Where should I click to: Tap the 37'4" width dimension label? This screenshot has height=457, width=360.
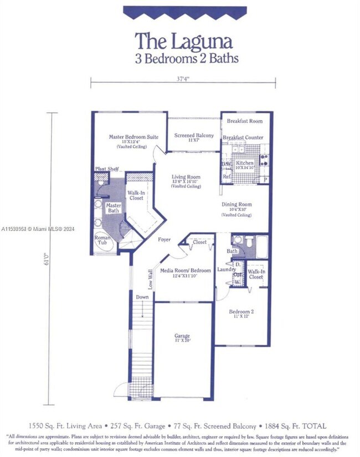[x=183, y=79]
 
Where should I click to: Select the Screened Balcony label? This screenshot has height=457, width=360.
[x=194, y=135]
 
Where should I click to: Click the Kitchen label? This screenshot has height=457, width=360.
[x=245, y=164]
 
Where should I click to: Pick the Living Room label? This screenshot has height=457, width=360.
[x=186, y=177]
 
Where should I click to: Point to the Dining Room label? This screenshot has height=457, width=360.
[x=236, y=204]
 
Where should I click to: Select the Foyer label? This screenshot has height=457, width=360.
[x=164, y=240]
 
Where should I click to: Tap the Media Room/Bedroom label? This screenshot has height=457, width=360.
[x=186, y=270]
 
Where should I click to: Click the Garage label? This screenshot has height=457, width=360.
[x=182, y=336]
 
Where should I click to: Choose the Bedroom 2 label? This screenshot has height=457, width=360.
[x=241, y=311]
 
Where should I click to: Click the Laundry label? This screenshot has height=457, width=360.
[x=227, y=269]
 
